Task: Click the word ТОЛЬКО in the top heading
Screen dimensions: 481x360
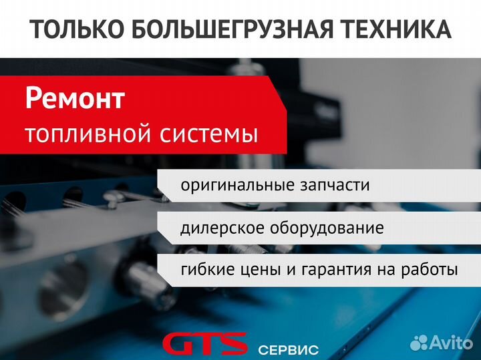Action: point(77,29)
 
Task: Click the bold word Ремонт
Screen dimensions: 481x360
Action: point(75,98)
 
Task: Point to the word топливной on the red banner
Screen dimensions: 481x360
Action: point(89,134)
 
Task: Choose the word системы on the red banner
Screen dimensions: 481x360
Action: point(208,134)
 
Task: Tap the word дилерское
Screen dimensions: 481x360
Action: point(222,228)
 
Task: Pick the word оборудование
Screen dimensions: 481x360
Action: point(327,228)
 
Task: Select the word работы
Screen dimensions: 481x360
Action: point(430,270)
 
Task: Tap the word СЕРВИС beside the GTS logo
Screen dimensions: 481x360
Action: point(288,350)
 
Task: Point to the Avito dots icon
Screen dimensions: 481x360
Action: point(419,343)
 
